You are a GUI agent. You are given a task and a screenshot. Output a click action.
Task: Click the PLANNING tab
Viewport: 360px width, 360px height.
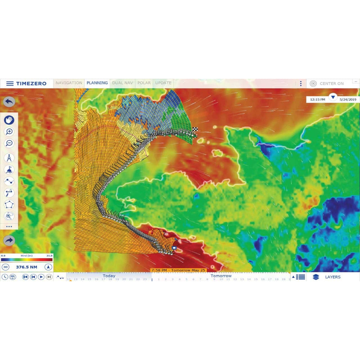[97, 83]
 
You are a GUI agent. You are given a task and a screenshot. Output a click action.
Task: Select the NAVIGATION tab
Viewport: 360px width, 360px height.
[69, 83]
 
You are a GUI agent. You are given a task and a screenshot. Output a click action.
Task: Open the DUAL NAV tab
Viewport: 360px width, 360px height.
[122, 83]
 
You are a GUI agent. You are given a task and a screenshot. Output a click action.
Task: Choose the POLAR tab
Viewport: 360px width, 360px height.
[144, 83]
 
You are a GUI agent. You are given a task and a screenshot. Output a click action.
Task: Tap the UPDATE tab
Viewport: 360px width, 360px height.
[163, 83]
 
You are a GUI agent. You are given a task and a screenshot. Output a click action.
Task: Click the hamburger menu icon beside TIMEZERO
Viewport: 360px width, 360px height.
[10, 84]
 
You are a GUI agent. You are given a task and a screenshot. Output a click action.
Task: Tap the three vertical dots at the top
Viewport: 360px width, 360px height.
[301, 84]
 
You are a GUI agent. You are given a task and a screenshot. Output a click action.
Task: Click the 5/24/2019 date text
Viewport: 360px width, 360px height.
[348, 99]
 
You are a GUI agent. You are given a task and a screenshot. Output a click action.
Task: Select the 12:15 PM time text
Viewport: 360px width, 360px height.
[318, 99]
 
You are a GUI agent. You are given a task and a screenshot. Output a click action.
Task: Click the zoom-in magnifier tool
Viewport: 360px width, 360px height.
[9, 132]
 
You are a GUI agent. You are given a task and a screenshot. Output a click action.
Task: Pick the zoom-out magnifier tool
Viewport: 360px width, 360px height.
[9, 143]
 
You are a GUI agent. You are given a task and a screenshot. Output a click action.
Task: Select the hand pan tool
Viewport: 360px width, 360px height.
[9, 120]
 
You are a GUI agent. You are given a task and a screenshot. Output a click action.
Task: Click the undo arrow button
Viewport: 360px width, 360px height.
[9, 102]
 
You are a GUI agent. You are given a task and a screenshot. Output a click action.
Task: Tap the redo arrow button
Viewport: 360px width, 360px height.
[9, 240]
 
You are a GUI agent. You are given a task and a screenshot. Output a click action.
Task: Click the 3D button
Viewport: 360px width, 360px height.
[5, 267]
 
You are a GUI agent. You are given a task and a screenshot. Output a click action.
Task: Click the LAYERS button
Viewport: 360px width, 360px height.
[328, 277]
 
